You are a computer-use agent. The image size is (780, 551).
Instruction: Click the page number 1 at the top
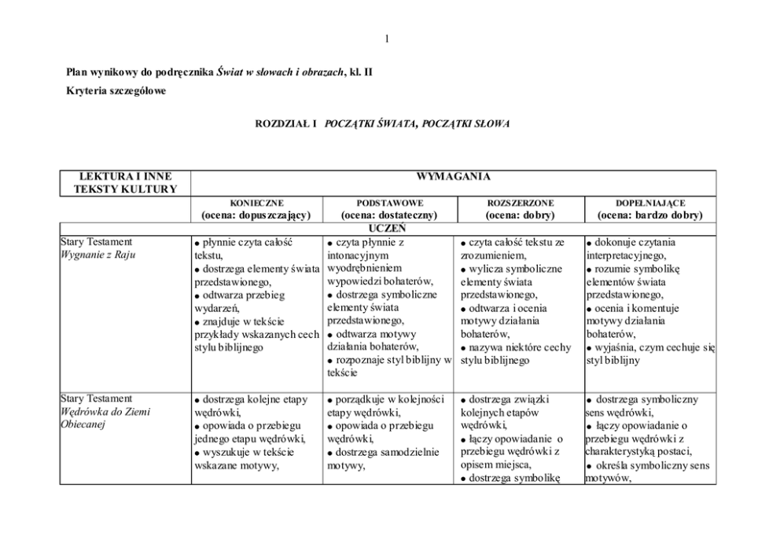click(388, 39)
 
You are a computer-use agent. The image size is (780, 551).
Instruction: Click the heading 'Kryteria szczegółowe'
click(116, 92)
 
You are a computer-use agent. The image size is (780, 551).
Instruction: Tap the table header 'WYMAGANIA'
click(453, 177)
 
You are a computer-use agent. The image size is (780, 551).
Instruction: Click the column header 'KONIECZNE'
click(256, 203)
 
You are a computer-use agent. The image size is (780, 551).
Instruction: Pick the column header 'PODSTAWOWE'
click(388, 203)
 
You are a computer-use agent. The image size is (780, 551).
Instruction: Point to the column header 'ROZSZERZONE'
click(520, 203)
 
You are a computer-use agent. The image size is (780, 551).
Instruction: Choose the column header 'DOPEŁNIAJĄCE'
click(649, 203)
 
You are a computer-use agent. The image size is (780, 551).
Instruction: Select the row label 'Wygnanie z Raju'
click(96, 255)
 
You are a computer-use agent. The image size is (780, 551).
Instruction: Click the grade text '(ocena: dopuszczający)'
click(256, 215)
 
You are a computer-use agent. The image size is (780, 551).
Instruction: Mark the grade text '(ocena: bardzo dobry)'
click(649, 215)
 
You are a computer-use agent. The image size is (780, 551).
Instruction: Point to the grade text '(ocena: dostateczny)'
click(388, 215)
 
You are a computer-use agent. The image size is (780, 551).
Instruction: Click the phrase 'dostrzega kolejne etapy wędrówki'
click(250, 405)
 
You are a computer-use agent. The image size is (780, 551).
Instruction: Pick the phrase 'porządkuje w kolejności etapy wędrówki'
click(384, 405)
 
